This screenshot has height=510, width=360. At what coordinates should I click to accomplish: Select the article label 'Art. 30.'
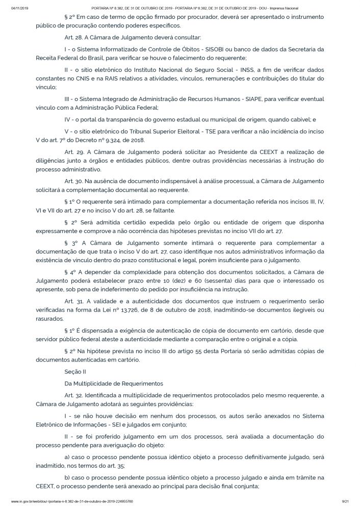[73, 182]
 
